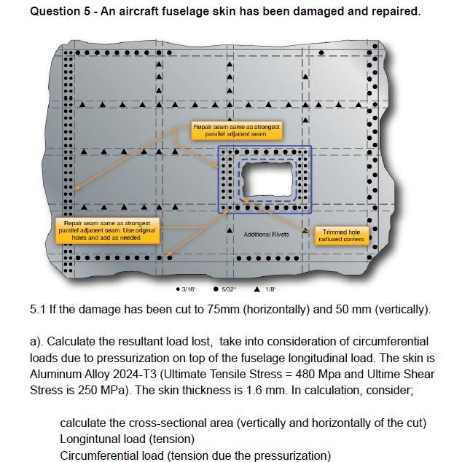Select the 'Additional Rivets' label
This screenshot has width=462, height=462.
(266, 234)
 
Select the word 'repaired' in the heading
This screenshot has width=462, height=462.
(397, 12)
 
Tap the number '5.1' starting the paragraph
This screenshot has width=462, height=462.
(39, 309)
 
